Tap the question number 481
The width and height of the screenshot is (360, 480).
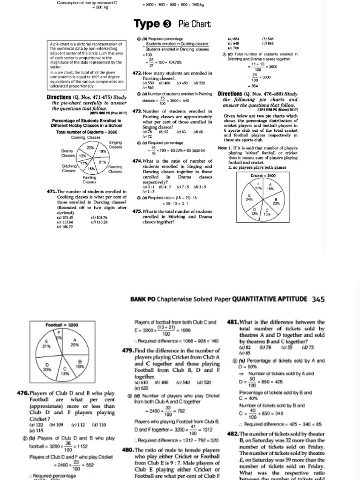click(x=233, y=322)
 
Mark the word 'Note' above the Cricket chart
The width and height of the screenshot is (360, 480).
click(x=223, y=148)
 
